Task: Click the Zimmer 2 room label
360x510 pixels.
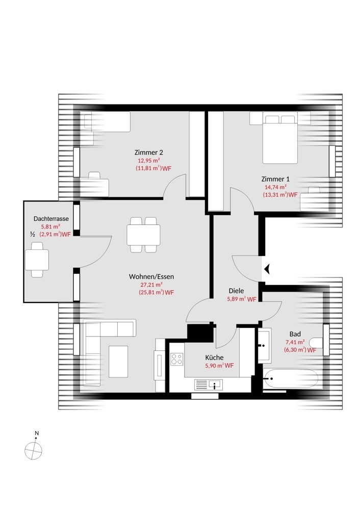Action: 148,152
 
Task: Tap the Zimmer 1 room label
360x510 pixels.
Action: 275,179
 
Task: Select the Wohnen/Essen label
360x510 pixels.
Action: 151,276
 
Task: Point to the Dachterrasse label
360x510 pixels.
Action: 51,219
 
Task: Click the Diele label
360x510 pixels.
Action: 236,291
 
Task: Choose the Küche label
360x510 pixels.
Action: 214,358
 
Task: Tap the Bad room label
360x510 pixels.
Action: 295,334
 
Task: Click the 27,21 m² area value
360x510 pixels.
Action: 151,285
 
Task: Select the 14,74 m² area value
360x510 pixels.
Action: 275,187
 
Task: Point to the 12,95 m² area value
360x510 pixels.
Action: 148,160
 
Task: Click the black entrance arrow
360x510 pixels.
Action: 267,269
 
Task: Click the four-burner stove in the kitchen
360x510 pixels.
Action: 177,359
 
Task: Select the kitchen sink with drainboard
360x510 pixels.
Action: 209,385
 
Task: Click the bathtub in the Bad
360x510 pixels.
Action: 291,378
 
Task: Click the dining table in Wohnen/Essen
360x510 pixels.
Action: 143,235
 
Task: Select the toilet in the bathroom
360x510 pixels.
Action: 317,343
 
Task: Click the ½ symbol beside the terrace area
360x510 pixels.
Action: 33,234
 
